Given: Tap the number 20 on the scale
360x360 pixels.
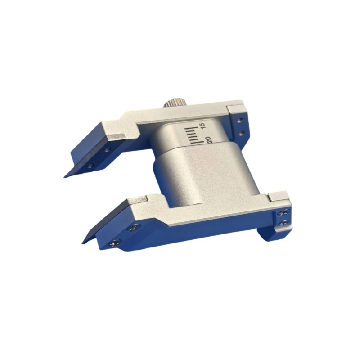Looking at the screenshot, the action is [x=208, y=140].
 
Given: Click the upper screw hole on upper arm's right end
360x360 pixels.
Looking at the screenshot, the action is [x=240, y=120].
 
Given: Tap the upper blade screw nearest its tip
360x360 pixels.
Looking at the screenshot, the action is [x=90, y=165].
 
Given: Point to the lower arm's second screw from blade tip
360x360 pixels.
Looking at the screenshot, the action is [x=133, y=228].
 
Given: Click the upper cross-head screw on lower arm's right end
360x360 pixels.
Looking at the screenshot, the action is [x=283, y=213].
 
